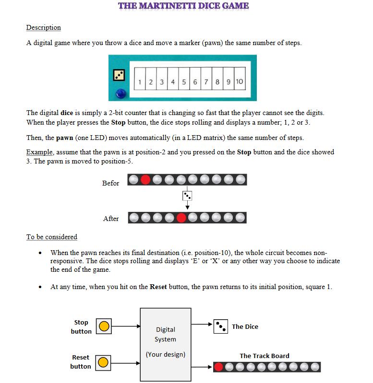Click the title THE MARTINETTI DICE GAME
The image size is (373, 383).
pos(183,6)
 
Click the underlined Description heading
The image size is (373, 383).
pos(43,27)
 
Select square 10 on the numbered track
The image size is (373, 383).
pos(239,82)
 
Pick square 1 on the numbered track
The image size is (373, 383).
pos(139,82)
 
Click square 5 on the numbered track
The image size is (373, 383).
pos(184,82)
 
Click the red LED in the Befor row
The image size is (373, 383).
pos(145,180)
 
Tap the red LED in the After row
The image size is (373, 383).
pos(181,218)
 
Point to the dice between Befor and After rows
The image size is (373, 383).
pos(187,196)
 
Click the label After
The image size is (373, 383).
pos(111,219)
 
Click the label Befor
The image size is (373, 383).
pos(110,183)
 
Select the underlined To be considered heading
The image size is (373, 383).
pos(51,237)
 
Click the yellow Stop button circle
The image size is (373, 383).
pos(104,326)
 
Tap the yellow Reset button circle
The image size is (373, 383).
pos(104,362)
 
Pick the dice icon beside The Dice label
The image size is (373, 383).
pos(221,326)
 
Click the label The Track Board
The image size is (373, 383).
pos(265,356)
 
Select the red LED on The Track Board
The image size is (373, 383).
pos(219,367)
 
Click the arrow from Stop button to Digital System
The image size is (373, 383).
pos(126,326)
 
